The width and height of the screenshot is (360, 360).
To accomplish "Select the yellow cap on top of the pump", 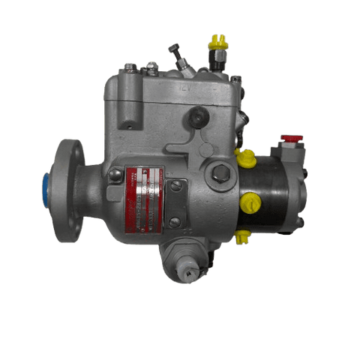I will coord(218,43).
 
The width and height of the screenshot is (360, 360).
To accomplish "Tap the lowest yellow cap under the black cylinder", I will coord(241,238).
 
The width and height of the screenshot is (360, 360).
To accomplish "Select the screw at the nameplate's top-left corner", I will coord(115,174).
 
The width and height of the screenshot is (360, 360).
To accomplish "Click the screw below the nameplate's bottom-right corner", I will coord(175,223).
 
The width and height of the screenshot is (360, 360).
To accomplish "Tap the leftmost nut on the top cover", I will coord(130,68).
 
